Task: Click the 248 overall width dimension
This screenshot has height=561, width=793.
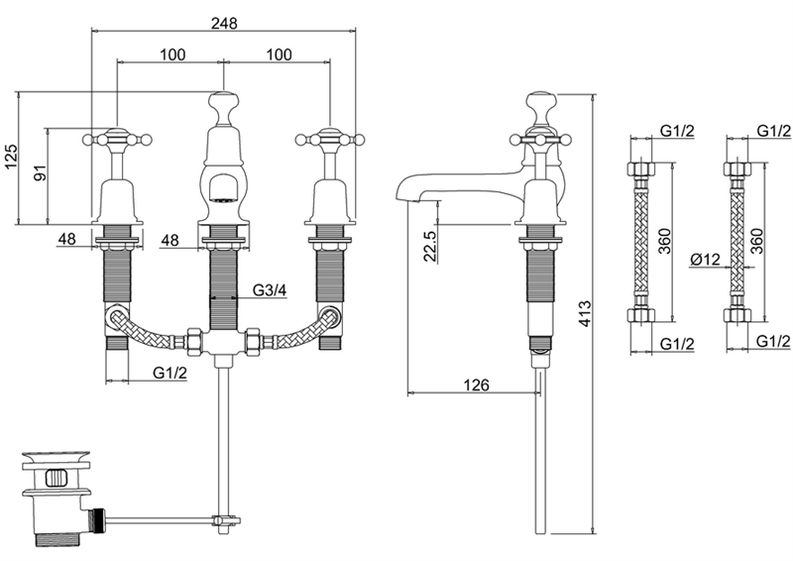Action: tap(225, 23)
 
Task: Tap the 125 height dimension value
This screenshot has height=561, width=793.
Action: tap(11, 158)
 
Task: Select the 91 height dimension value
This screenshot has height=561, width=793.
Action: tap(41, 173)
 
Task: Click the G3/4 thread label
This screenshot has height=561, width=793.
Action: tap(270, 290)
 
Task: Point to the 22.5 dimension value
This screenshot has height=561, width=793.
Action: tap(430, 247)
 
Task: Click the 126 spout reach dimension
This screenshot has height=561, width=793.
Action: tap(477, 385)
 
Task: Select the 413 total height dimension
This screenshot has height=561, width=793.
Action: tap(585, 313)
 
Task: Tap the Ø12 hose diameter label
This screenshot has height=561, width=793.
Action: tap(705, 260)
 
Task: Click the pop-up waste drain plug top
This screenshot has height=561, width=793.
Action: tap(56, 459)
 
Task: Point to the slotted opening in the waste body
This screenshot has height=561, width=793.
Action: tap(56, 478)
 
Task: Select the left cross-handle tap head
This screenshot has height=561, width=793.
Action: tap(117, 138)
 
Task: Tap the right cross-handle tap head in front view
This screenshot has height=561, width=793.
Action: tap(330, 138)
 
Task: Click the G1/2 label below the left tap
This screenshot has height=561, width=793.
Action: tap(170, 373)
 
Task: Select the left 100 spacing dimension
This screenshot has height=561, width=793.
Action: tap(172, 55)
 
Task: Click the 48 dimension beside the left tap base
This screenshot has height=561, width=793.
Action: tap(66, 238)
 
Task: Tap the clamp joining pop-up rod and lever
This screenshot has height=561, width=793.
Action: tap(225, 520)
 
